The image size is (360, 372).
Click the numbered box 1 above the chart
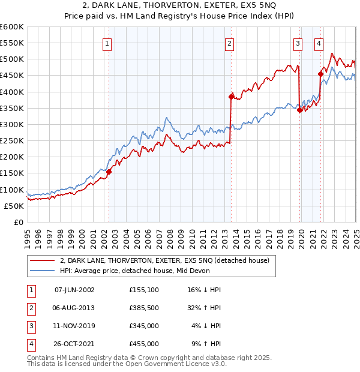coord(107,43)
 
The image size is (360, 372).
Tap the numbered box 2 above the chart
coord(230,43)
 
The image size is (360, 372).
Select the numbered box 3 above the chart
coord(298,43)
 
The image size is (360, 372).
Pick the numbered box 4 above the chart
coord(319,43)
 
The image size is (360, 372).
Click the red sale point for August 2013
coord(231,96)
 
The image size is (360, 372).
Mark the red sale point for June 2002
coord(109,172)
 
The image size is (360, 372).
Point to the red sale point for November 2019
coord(299,109)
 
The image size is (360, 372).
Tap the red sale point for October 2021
coord(320,74)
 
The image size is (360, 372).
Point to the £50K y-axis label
coord(14,206)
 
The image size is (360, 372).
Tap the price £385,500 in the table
coord(144,307)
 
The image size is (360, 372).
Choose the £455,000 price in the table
coord(144,344)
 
